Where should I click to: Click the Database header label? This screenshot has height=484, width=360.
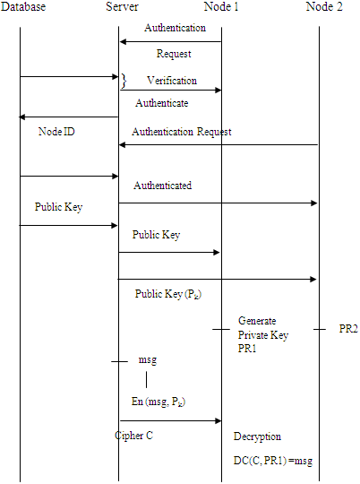point(24,7)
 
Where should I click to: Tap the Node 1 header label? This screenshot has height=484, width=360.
point(221,7)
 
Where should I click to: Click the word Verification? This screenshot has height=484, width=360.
point(171,81)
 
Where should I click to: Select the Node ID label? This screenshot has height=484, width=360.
point(56,132)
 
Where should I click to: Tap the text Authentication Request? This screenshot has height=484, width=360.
point(181,132)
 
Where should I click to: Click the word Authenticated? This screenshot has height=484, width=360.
point(162,186)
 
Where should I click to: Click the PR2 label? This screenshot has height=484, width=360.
point(348,330)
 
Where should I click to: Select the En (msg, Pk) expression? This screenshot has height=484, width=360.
point(159,401)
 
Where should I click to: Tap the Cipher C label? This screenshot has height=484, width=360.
point(135,436)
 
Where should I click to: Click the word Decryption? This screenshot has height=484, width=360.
point(257,436)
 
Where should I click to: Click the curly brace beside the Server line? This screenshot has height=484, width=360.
point(124,82)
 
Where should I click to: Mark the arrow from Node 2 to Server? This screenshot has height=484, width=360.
point(219,145)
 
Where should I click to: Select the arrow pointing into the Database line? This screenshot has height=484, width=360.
point(69,117)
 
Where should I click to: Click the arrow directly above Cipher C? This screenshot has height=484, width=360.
point(169,419)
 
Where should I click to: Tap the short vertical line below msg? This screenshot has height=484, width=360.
point(146,380)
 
